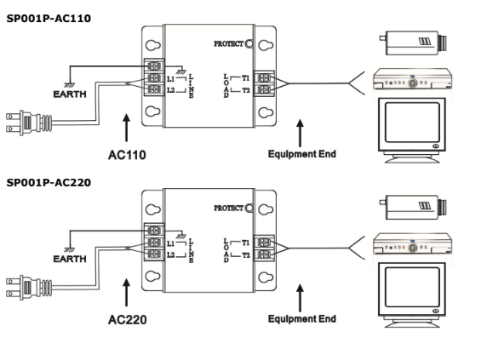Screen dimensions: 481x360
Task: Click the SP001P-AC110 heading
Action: click(49, 19)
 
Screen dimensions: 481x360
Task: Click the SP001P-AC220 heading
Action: click(49, 183)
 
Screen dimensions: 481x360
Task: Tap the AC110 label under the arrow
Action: click(127, 155)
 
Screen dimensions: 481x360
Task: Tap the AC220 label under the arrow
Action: click(128, 319)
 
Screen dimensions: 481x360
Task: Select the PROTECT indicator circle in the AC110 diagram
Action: click(249, 44)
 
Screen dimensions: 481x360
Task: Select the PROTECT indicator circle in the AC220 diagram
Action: click(249, 209)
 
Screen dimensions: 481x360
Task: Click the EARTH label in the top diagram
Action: click(70, 94)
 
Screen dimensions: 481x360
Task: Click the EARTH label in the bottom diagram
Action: click(70, 259)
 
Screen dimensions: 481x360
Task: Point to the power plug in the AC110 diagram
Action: click(29, 123)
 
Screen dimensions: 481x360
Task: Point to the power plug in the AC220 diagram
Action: click(29, 288)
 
